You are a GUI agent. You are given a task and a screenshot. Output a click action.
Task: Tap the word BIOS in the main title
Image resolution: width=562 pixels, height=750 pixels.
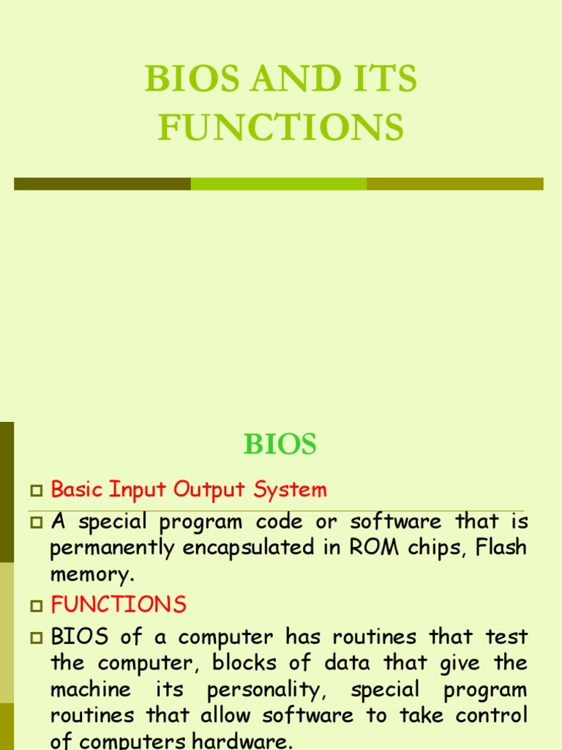[x=184, y=79]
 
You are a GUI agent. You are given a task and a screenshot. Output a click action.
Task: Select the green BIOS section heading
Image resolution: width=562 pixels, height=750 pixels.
[x=280, y=445]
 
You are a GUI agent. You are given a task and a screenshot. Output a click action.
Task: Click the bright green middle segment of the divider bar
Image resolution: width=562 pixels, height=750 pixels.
[x=279, y=184]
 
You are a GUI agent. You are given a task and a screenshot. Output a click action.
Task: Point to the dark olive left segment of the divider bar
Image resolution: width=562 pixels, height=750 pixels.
[x=102, y=184]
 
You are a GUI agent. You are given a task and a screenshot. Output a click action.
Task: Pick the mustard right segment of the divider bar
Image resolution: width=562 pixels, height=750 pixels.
[x=454, y=184]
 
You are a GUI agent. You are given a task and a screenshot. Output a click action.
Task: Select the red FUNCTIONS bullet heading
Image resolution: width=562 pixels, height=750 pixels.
[x=119, y=605]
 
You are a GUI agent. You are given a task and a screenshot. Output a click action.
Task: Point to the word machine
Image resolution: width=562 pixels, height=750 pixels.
[x=91, y=690]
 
